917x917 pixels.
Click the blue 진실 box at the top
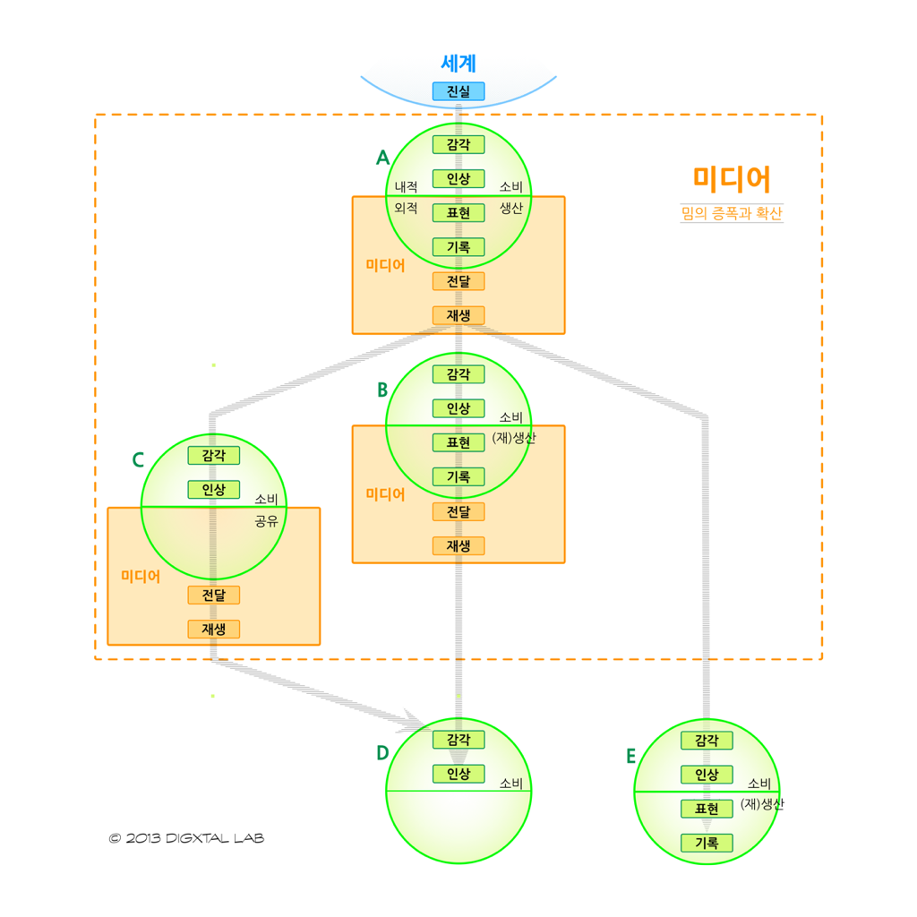(x=458, y=91)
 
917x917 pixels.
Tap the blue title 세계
(x=458, y=64)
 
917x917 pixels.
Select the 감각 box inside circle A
(x=458, y=144)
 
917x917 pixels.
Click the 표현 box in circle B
(x=458, y=442)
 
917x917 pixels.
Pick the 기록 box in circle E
(x=707, y=843)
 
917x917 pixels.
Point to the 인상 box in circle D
(x=458, y=774)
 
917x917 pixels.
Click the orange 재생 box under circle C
(x=213, y=629)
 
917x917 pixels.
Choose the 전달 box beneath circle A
(x=458, y=281)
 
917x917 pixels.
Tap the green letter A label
(x=382, y=159)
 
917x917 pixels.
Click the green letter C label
(x=138, y=460)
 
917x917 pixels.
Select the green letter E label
(x=630, y=757)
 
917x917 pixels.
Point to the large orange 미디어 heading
(x=731, y=179)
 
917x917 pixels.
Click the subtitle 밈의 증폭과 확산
(x=731, y=215)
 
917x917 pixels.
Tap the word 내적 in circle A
(x=406, y=187)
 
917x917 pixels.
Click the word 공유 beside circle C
(x=266, y=519)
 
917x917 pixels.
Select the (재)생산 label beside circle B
(x=514, y=438)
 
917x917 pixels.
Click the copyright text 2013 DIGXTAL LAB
(x=186, y=838)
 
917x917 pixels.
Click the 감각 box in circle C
(x=213, y=456)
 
